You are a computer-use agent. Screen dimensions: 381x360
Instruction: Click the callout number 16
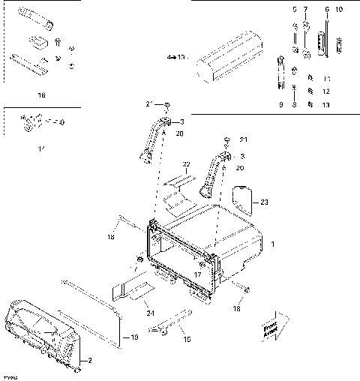click(x=40, y=95)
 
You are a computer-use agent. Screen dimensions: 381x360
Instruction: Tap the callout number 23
click(x=264, y=201)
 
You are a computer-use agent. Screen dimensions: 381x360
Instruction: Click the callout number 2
click(x=91, y=361)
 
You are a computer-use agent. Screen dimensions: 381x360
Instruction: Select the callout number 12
click(x=325, y=91)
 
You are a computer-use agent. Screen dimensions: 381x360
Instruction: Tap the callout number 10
click(x=339, y=9)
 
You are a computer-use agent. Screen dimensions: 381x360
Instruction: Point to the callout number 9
click(x=280, y=105)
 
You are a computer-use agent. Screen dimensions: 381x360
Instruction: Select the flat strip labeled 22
click(x=178, y=187)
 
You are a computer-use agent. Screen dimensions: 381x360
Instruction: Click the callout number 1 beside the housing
click(x=273, y=244)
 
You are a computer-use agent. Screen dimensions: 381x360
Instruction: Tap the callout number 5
click(x=295, y=9)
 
